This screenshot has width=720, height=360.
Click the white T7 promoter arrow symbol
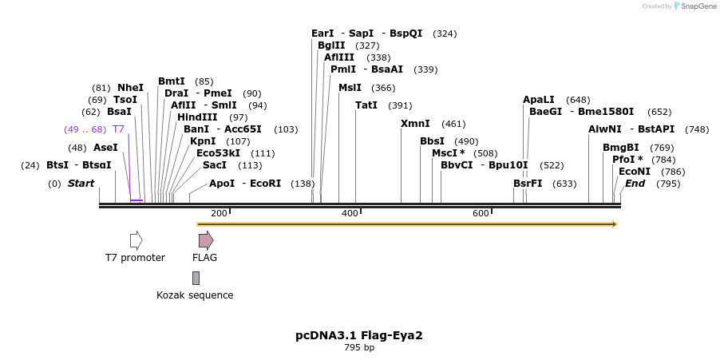tap(136, 240)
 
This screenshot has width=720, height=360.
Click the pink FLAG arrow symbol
tap(205, 240)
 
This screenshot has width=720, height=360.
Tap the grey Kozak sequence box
tap(196, 278)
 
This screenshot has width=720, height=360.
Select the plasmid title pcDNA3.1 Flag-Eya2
tap(359, 335)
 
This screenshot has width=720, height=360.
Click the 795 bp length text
tap(359, 348)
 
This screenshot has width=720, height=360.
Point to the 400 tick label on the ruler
tap(350, 213)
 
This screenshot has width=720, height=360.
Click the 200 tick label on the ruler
tap(219, 213)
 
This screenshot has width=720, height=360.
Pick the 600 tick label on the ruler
tap(481, 213)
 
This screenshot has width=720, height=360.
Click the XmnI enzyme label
tap(415, 124)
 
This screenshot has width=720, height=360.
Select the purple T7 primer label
tap(118, 129)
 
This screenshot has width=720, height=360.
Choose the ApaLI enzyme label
tap(539, 100)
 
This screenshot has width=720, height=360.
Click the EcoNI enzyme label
tap(635, 172)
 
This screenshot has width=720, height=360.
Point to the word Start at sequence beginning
tap(81, 184)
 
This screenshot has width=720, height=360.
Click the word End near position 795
tap(635, 184)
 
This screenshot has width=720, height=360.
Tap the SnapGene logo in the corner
tap(695, 6)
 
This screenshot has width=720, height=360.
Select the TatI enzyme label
tap(366, 105)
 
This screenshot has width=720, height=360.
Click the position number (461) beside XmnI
tap(453, 124)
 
